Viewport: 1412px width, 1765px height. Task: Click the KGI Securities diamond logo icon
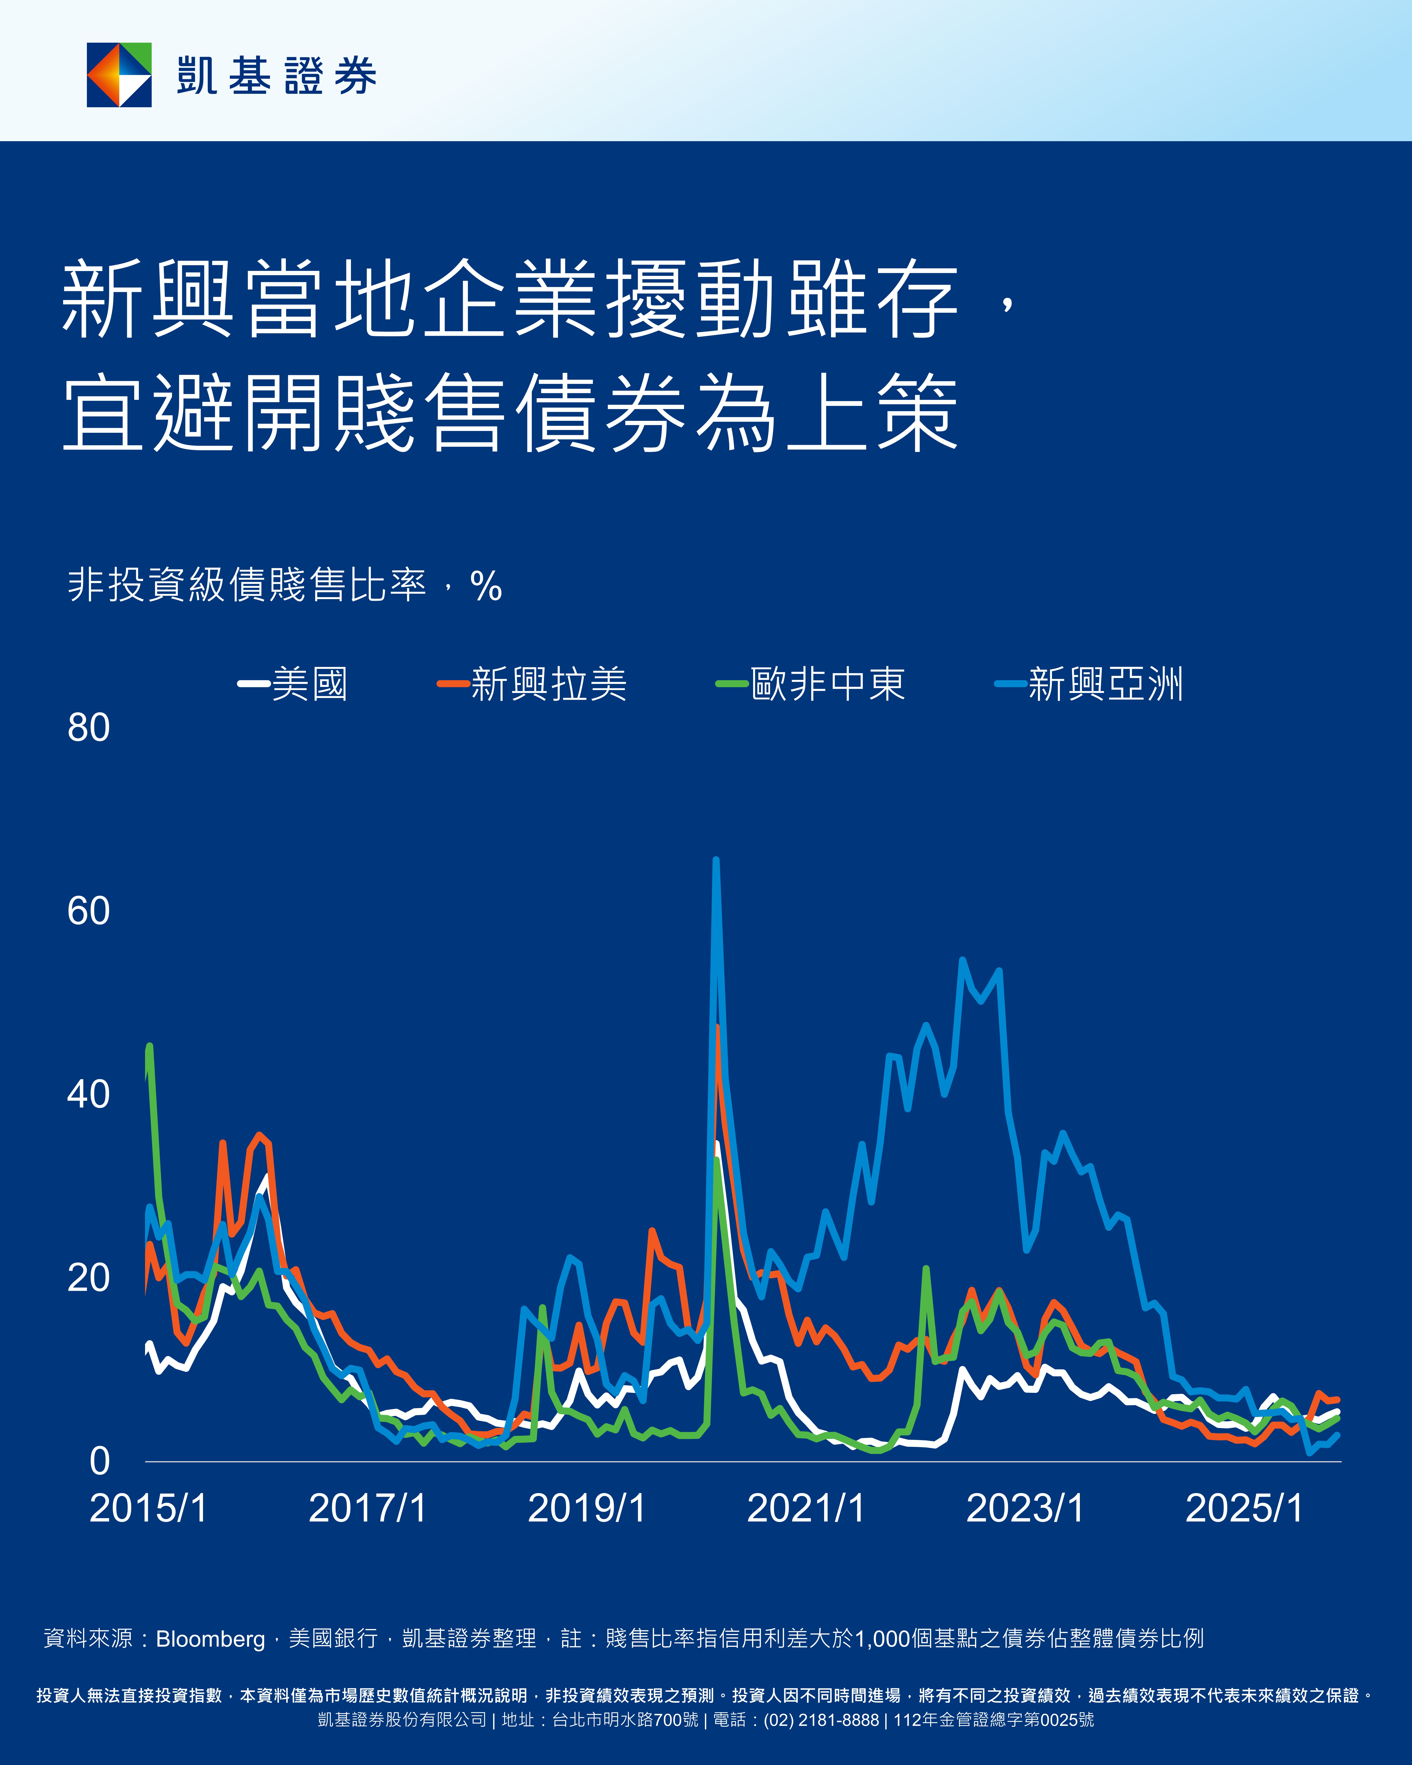coord(119,74)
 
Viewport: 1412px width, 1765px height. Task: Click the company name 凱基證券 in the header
coord(277,76)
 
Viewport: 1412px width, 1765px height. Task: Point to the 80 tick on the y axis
coord(88,728)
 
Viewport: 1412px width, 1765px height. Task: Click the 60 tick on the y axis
coord(88,911)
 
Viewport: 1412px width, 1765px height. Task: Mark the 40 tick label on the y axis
coord(88,1095)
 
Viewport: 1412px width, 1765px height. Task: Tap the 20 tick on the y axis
coord(88,1278)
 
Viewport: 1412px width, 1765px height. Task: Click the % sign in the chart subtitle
coord(486,586)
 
